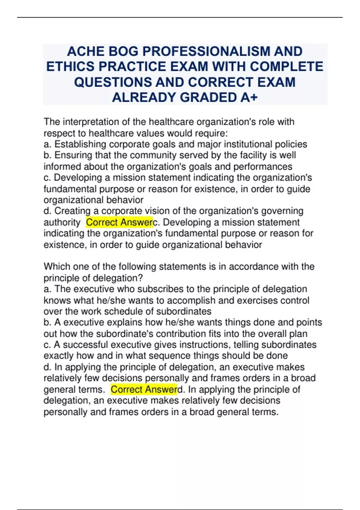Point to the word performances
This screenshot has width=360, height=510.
[x=263, y=166]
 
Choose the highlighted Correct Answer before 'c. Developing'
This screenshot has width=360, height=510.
[x=119, y=222]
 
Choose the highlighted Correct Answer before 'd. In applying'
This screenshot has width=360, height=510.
[x=144, y=389]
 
